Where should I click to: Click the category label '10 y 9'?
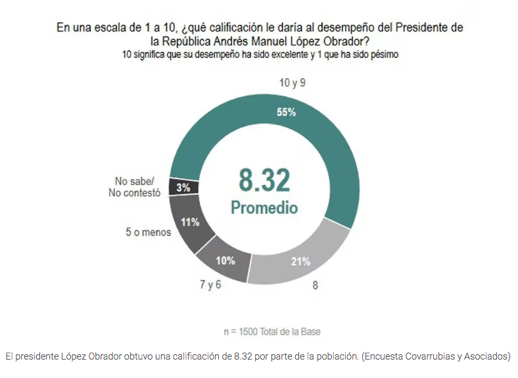tap(293, 83)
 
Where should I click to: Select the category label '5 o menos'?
tap(149, 232)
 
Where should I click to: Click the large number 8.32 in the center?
tap(264, 179)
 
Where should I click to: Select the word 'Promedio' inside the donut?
tap(264, 208)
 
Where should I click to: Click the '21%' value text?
tap(300, 261)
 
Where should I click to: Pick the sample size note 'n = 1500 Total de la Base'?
tap(272, 331)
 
